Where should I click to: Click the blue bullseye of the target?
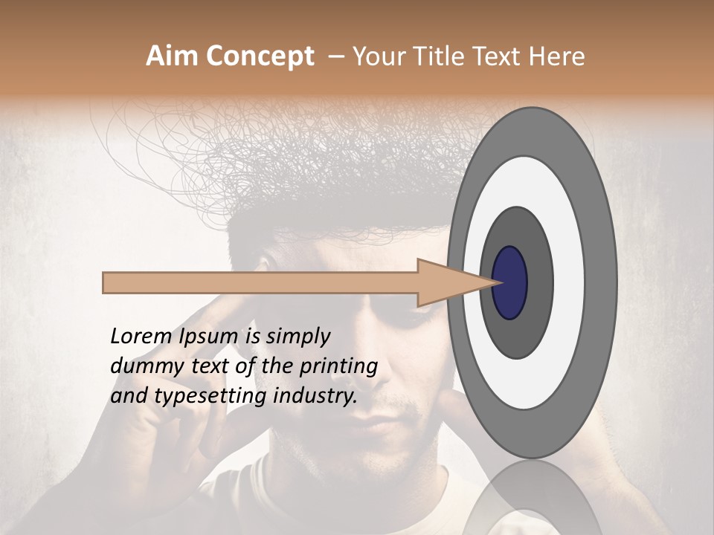509,282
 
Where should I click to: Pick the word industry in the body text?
314,395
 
